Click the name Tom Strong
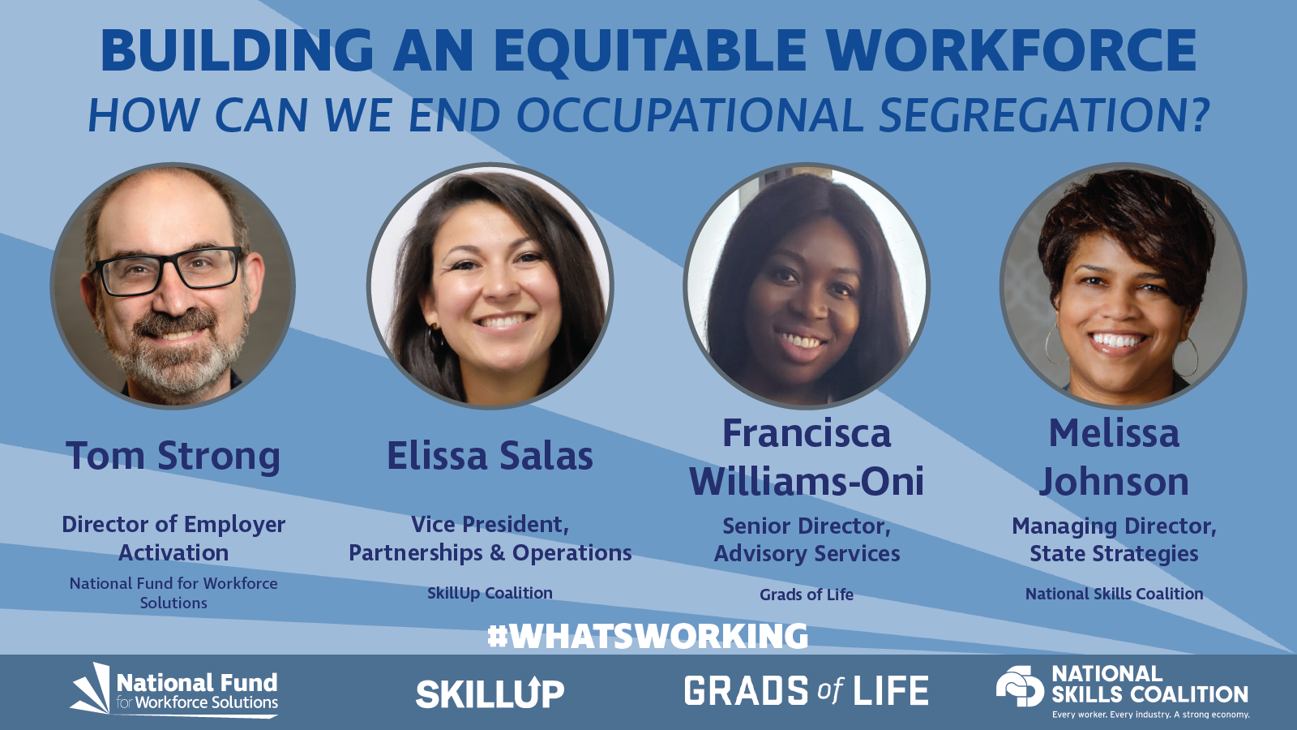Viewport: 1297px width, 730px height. click(173, 456)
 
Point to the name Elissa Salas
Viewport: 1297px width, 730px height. click(490, 456)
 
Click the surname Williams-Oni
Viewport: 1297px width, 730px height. click(807, 482)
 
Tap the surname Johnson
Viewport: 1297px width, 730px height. click(1114, 482)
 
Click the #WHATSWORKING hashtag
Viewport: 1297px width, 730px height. click(648, 636)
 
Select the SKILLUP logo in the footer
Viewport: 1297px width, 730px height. click(490, 693)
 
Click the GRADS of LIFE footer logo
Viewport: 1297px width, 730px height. click(806, 691)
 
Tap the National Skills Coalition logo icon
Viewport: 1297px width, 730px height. click(1020, 686)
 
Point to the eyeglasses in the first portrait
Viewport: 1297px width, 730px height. click(170, 270)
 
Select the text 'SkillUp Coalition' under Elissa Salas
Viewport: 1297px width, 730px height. click(490, 593)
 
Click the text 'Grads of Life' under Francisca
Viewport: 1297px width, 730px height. click(806, 595)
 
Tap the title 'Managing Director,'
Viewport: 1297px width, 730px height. click(1114, 526)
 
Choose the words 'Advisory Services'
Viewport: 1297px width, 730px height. click(807, 554)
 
